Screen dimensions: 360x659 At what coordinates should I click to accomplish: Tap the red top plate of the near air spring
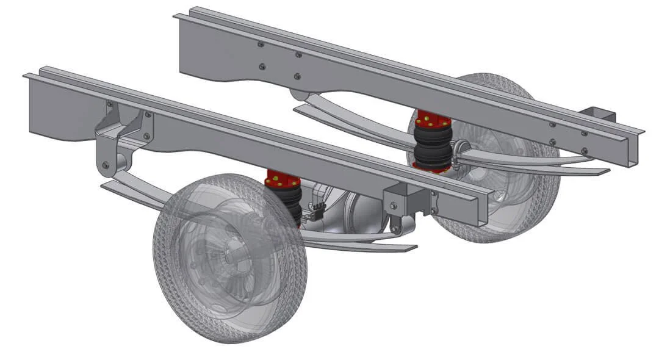coord(283,181)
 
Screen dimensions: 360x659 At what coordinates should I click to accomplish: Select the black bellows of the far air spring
coord(433,143)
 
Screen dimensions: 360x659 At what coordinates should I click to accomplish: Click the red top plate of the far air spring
coord(433,118)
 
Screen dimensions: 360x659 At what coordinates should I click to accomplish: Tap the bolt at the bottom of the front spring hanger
coord(106,165)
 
